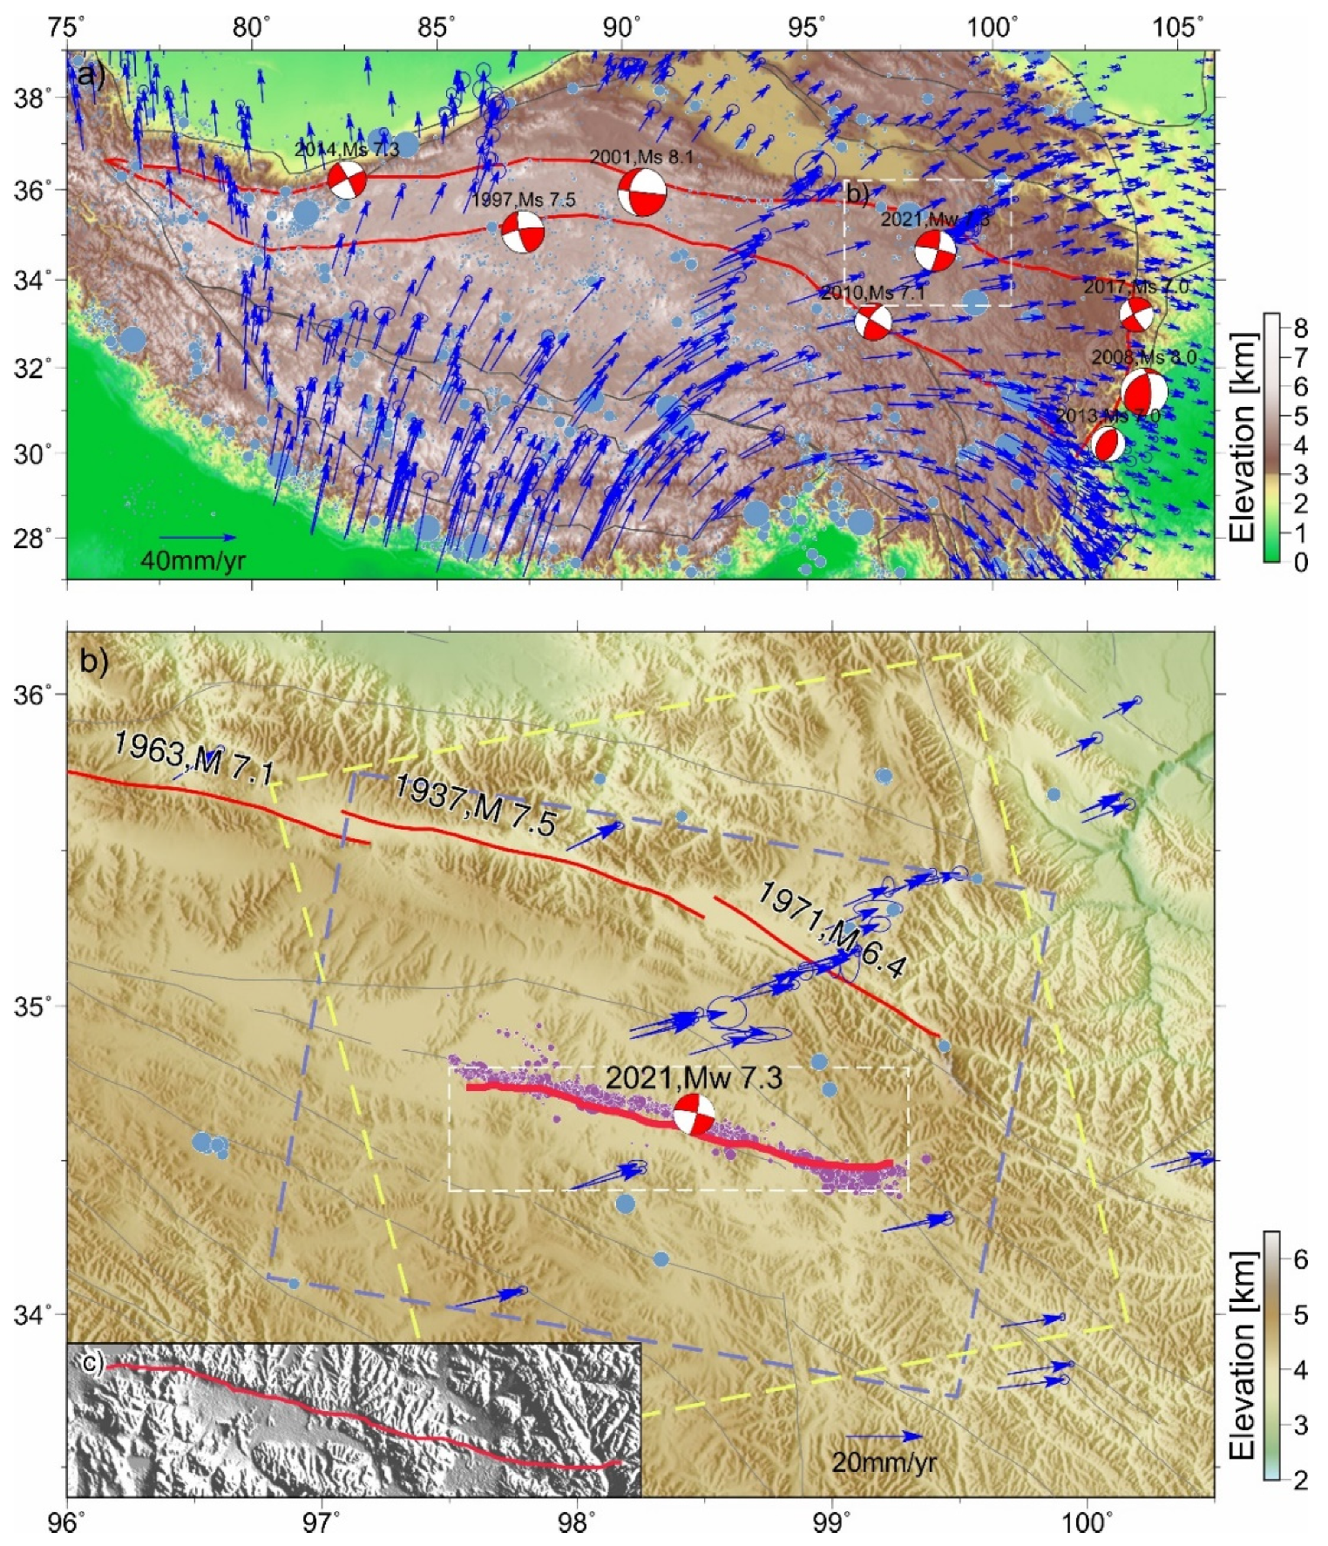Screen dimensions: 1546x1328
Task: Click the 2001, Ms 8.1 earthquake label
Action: [x=641, y=158]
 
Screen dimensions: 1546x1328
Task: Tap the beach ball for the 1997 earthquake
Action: [x=523, y=232]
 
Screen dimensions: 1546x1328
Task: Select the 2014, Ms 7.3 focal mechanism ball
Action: [x=347, y=180]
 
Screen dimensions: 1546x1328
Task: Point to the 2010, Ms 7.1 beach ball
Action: [x=873, y=322]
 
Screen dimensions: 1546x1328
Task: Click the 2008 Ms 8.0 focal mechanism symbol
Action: [x=1144, y=391]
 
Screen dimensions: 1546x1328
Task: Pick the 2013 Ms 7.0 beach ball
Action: [x=1108, y=444]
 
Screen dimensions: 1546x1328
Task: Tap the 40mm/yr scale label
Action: [x=193, y=560]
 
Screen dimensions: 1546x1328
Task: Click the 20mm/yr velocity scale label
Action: [x=884, y=1461]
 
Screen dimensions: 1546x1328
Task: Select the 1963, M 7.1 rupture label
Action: [x=193, y=758]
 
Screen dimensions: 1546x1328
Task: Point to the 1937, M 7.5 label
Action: [x=475, y=804]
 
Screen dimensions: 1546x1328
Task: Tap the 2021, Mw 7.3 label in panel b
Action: [x=694, y=1078]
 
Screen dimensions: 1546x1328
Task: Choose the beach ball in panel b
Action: [x=694, y=1115]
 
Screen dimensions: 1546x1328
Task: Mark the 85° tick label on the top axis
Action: [x=436, y=28]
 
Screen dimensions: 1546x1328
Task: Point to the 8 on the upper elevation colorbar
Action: [x=1300, y=328]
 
